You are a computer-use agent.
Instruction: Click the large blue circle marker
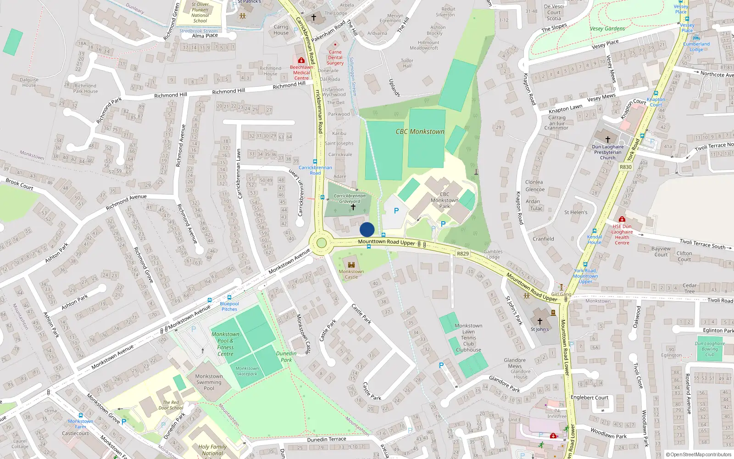tap(367, 229)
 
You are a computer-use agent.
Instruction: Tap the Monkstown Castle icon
tap(351, 265)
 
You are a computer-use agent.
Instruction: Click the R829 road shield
tap(463, 254)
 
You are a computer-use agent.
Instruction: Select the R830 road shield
tap(626, 167)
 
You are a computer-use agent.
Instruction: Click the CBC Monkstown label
tap(420, 132)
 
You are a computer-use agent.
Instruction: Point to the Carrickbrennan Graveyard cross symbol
tap(353, 207)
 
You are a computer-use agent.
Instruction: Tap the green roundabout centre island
tap(321, 243)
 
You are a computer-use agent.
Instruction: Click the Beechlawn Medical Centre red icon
tap(301, 61)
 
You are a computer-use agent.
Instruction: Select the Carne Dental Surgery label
tap(335, 58)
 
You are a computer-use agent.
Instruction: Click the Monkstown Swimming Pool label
tap(209, 382)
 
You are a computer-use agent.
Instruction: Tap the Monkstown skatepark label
tap(247, 371)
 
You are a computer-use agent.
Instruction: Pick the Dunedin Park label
tap(286, 357)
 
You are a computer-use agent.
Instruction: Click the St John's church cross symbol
tap(539, 321)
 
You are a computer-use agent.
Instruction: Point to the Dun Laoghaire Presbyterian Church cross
tap(608, 139)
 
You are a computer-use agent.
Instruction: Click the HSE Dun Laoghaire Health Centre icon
tap(622, 219)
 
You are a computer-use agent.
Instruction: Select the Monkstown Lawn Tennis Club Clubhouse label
tap(468, 338)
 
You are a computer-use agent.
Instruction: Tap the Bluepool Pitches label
tap(229, 306)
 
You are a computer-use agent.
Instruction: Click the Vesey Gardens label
tap(607, 28)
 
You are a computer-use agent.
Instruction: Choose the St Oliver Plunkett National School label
tap(200, 13)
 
